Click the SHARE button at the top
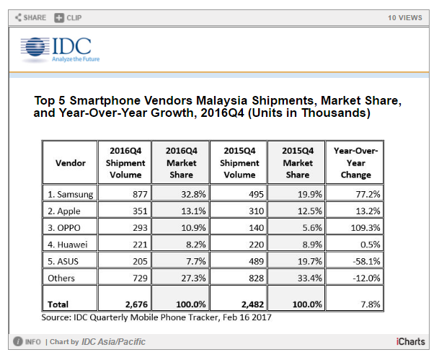(x=30, y=17)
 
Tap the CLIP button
(x=68, y=17)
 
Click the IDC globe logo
(x=34, y=49)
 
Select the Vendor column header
(x=70, y=162)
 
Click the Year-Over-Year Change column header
(x=356, y=162)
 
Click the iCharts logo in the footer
(x=409, y=341)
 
